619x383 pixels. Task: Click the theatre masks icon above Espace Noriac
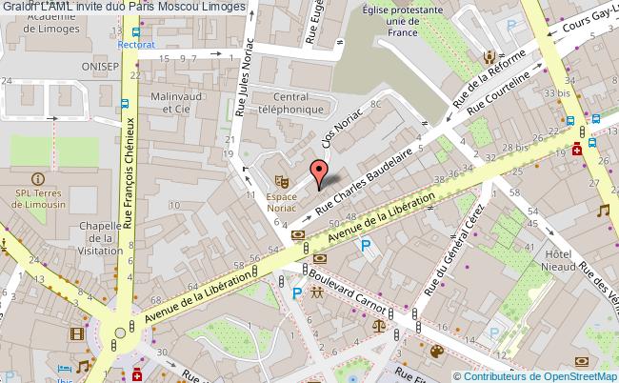tap(282, 179)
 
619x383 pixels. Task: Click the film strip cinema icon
tap(75, 333)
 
